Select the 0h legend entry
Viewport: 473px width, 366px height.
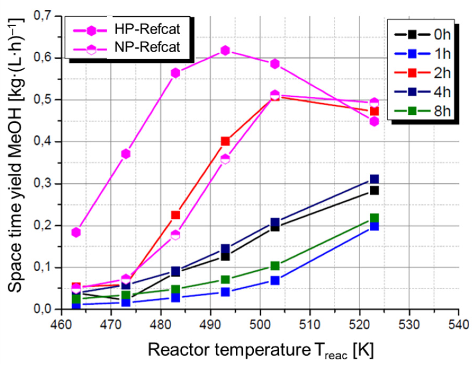click(422, 34)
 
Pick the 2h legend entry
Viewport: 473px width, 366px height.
click(422, 72)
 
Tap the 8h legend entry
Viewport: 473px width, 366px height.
click(422, 111)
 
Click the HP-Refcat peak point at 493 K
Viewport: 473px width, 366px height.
click(225, 50)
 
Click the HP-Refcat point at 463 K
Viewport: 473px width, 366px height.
click(76, 232)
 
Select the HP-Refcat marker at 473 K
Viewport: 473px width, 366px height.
click(126, 154)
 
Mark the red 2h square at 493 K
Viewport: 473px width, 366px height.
click(225, 141)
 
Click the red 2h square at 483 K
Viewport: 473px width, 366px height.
click(175, 215)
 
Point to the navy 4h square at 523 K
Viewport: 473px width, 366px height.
click(374, 179)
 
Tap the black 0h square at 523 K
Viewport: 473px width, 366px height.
click(374, 190)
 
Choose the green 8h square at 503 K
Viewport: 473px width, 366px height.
click(275, 266)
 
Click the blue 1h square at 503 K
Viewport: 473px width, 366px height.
click(275, 280)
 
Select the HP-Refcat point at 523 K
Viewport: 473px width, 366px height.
click(374, 122)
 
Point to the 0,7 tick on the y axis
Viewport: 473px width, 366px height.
click(42, 16)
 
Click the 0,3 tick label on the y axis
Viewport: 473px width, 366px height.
click(42, 183)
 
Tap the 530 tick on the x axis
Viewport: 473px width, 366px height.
click(409, 325)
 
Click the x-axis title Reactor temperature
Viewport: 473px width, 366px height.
click(229, 350)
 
